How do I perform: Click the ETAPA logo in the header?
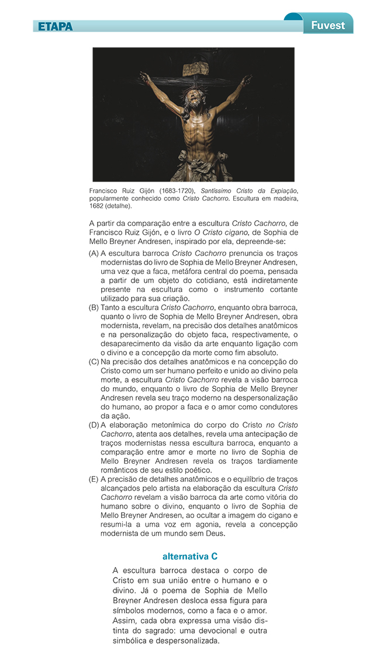click(56, 26)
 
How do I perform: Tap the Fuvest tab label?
click(328, 26)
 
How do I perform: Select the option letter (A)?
click(94, 253)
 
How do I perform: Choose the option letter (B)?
click(94, 307)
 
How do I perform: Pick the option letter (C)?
click(94, 361)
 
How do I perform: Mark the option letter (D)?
click(94, 425)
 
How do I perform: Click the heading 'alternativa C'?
click(190, 557)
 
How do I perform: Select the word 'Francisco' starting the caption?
click(104, 191)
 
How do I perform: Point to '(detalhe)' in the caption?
click(119, 206)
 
